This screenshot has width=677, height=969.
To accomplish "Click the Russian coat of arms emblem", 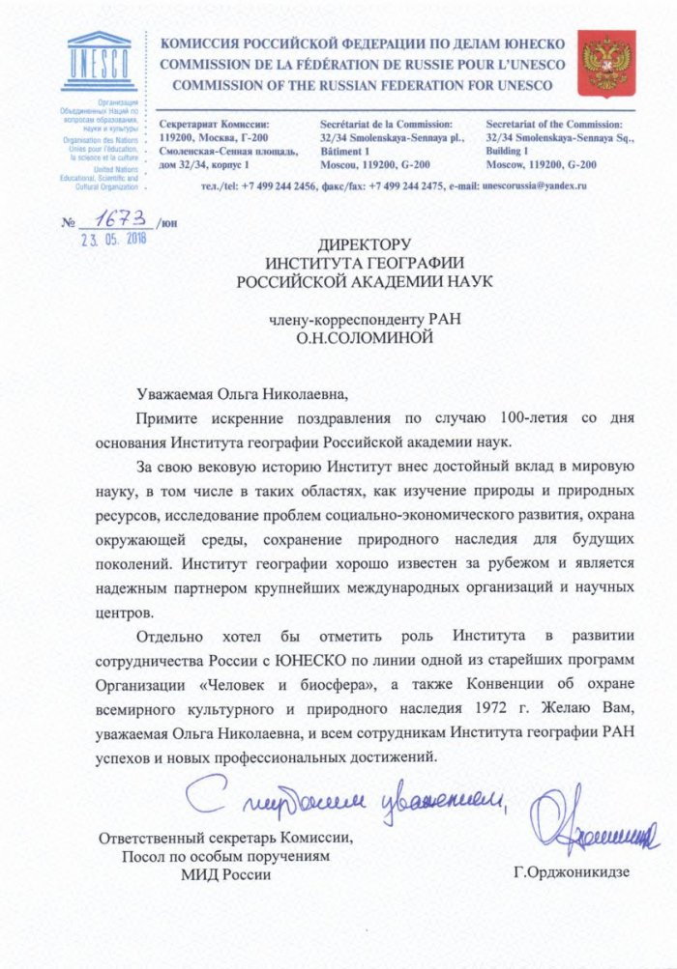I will pyautogui.click(x=605, y=62).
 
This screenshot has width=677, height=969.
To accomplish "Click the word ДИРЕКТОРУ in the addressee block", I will pyautogui.click(x=365, y=245).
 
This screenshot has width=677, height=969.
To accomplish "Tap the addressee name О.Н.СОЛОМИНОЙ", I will pyautogui.click(x=365, y=339).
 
